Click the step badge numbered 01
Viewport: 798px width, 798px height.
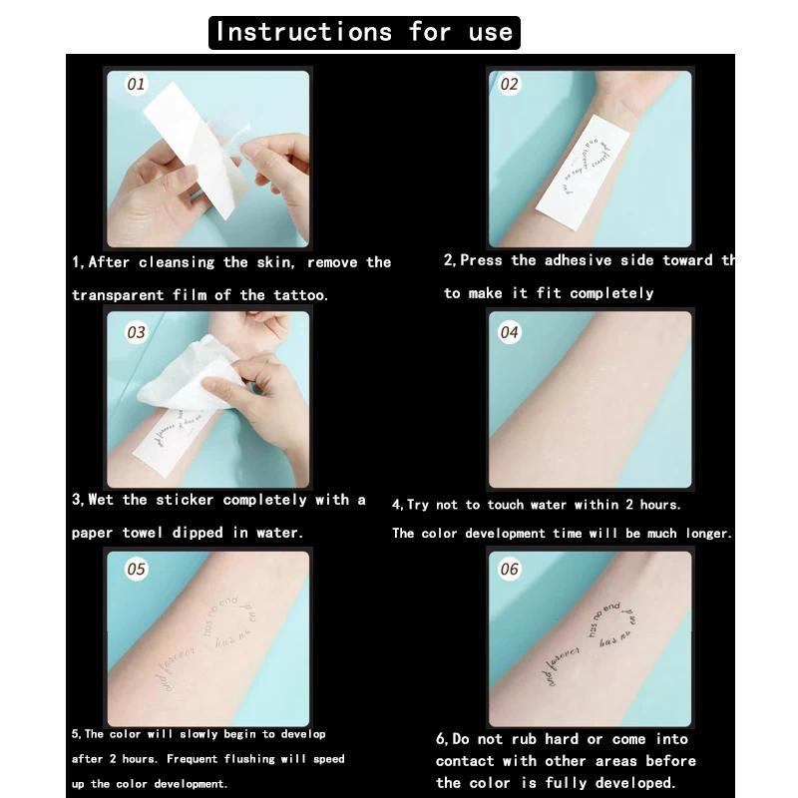click(136, 85)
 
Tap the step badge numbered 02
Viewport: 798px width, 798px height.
click(510, 85)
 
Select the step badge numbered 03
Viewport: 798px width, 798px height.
click(136, 332)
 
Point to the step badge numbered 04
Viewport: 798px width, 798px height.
click(510, 332)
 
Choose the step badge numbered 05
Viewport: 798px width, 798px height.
click(136, 570)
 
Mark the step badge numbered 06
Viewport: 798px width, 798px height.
click(510, 570)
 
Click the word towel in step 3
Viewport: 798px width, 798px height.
click(142, 533)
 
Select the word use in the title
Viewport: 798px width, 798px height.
click(490, 32)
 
